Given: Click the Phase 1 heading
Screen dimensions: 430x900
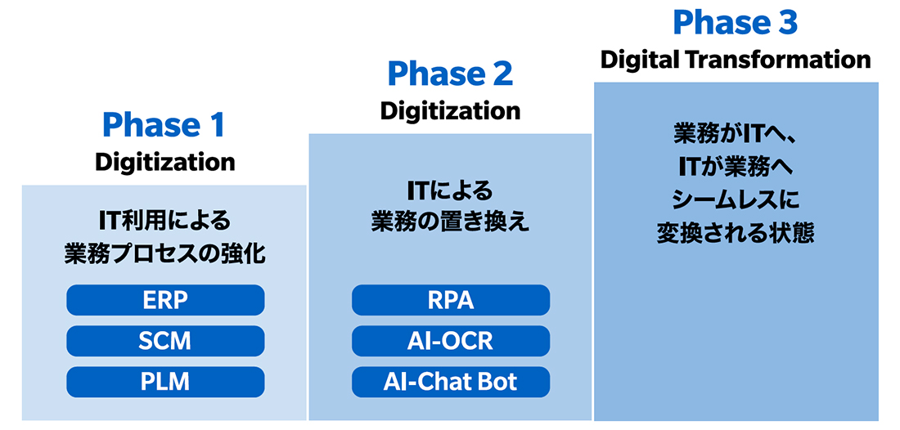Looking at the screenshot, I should coord(164,125).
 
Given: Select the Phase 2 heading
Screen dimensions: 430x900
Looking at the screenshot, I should coord(450,74).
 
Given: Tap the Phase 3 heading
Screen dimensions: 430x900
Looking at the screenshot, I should coord(735,23).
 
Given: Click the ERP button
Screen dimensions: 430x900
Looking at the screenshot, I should coord(165,300).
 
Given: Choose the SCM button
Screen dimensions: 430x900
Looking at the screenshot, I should coord(165,341).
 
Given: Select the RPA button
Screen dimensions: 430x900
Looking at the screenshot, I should coord(451,300).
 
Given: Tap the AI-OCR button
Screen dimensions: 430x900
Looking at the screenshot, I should coord(451,341).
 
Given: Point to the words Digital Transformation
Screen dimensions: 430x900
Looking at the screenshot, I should coord(736,60).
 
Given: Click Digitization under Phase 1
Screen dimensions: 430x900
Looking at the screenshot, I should coord(164,162).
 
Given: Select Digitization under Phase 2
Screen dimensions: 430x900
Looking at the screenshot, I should coord(450,110).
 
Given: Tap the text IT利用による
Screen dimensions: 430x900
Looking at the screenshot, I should coord(164,220).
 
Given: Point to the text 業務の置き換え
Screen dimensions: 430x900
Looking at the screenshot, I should coord(450,222).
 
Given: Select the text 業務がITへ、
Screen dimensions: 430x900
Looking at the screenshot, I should coord(736,133).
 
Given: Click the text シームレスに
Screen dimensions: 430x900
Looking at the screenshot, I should coord(736,200).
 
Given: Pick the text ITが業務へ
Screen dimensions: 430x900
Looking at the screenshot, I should coord(736,167).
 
